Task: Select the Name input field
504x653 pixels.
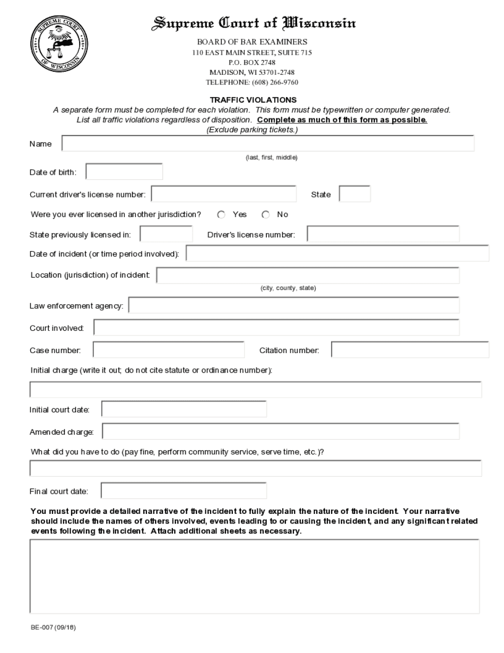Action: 268,144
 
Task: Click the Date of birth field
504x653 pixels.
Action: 124,172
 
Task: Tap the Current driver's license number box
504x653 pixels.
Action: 223,194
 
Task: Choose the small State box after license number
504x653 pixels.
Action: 354,194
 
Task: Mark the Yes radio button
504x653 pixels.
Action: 222,214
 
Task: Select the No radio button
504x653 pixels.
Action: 266,214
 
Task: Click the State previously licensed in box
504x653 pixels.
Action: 166,234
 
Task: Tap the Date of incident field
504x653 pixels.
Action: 337,254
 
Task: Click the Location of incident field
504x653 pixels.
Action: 308,276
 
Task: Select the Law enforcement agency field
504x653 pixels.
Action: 294,306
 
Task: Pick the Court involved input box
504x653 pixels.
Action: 276,328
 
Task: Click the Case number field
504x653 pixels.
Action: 169,350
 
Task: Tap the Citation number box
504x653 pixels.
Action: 410,350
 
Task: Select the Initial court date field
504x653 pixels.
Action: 184,409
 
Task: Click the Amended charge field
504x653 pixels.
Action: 281,432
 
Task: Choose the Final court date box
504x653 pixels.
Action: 184,491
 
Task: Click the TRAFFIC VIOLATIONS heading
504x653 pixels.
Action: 253,99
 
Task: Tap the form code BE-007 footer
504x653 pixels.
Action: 54,627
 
